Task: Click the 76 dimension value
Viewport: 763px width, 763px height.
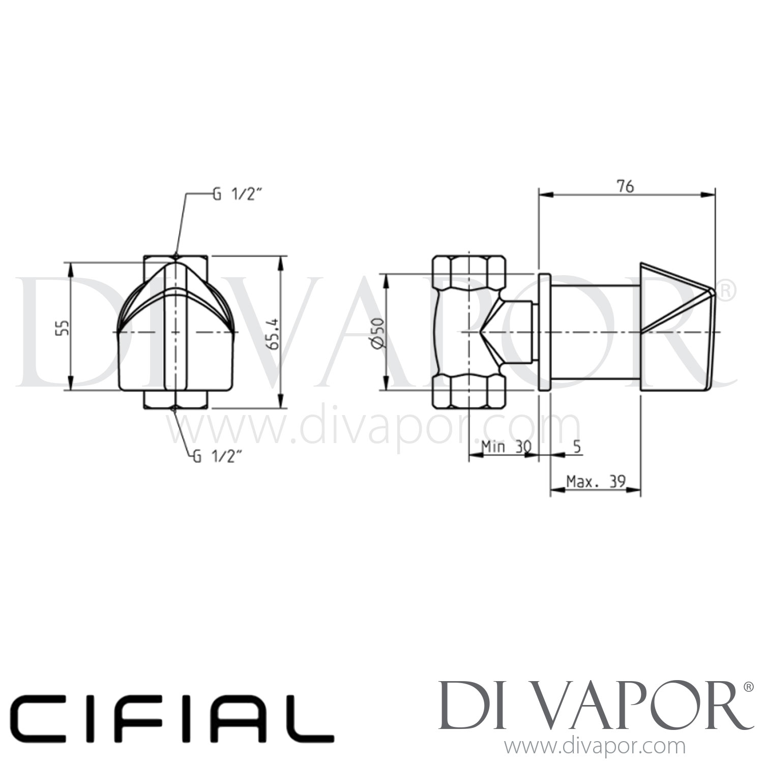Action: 626,187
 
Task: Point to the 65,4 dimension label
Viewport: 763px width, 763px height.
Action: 273,333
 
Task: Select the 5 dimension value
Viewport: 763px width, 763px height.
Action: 576,447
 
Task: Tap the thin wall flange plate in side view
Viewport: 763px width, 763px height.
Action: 544,332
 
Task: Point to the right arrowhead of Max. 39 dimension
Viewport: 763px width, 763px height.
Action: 636,490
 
